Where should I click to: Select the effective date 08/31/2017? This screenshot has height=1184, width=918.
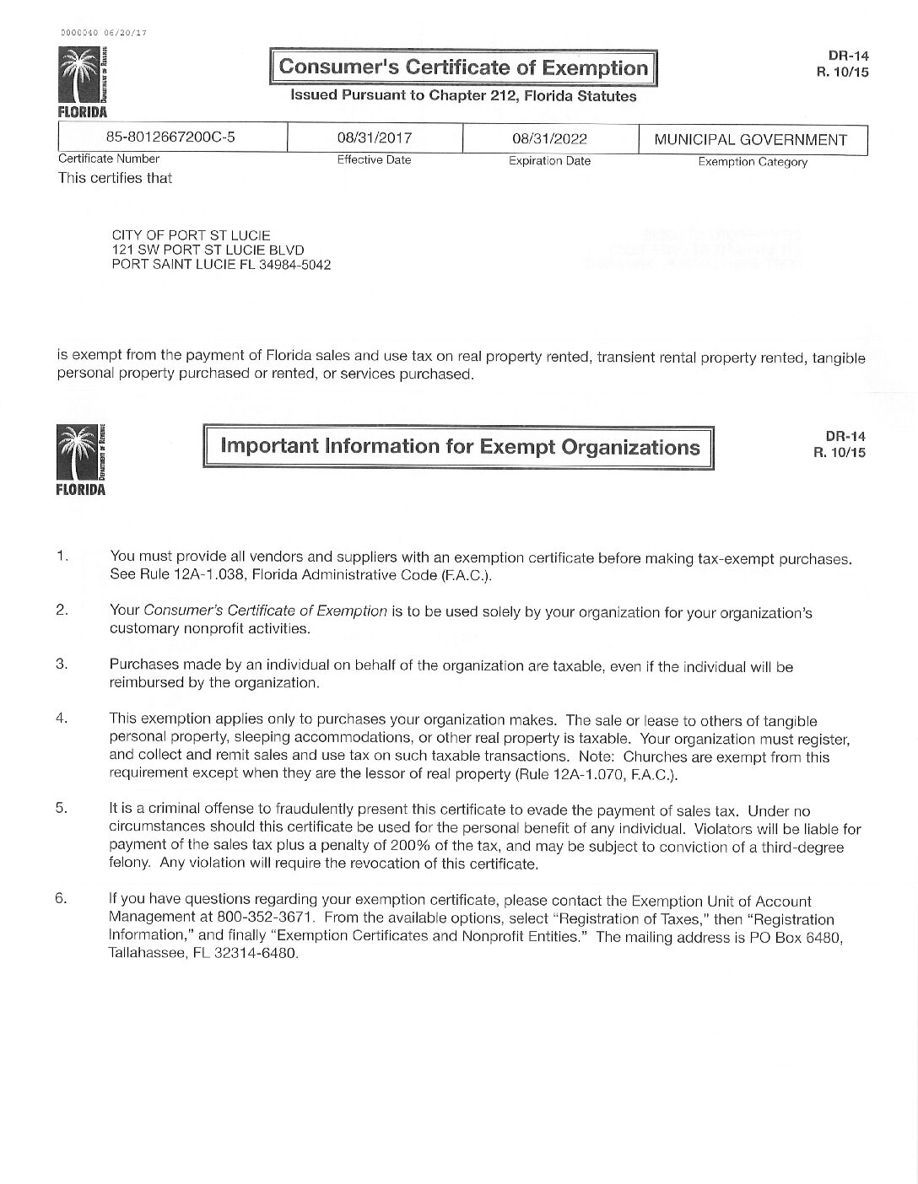[374, 138]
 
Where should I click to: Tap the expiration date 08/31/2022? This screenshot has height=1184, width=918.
[549, 139]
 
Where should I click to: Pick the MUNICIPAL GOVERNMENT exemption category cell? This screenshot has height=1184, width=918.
[751, 140]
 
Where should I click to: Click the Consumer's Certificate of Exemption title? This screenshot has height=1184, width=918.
[463, 67]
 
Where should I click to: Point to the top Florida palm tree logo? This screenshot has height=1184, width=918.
[82, 80]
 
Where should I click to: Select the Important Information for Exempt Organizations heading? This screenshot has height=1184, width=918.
[460, 446]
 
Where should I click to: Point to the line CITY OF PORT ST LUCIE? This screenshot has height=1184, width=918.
[192, 235]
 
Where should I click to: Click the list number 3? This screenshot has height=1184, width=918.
[62, 664]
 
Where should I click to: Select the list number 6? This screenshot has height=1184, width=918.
[62, 899]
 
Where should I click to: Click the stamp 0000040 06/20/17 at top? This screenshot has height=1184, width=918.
[99, 33]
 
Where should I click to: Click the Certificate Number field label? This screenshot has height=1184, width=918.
[109, 159]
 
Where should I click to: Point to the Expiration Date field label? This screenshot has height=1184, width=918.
[549, 161]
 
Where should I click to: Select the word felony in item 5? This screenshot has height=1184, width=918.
[129, 864]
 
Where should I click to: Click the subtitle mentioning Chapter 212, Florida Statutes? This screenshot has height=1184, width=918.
[463, 96]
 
